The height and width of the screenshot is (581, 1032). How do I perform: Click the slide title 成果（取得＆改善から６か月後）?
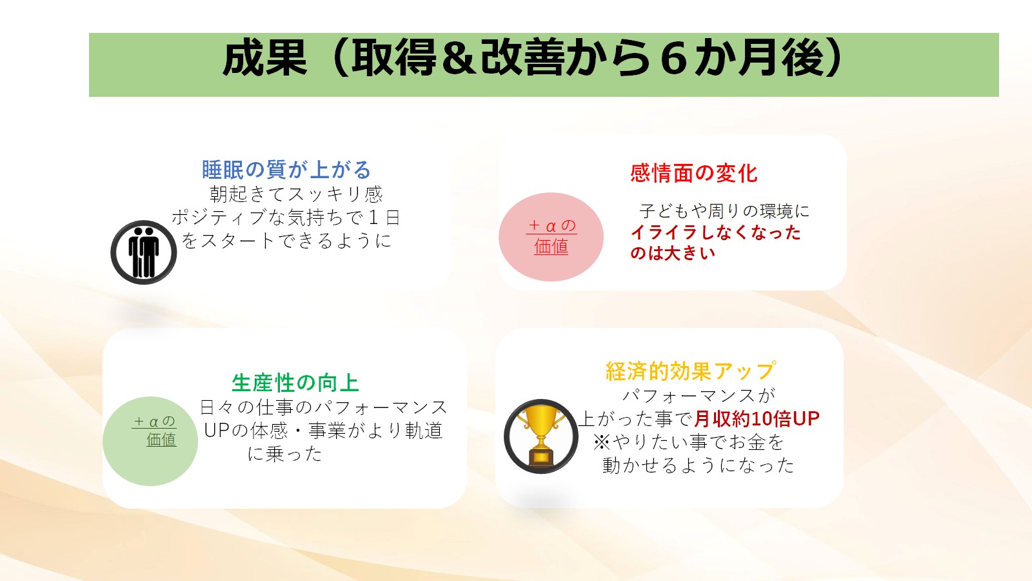pos(533,58)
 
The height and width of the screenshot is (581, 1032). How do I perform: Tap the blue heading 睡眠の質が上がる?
pos(286,170)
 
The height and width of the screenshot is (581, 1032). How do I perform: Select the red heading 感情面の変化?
pos(693,174)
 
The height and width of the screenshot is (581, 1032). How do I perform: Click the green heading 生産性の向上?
pos(295,383)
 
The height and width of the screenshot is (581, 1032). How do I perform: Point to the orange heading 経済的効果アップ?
pos(690,371)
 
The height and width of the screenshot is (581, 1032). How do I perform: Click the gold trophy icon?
pos(541,436)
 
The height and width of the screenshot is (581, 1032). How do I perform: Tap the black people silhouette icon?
pos(144,252)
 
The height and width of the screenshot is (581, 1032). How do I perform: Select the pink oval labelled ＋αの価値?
pos(551,236)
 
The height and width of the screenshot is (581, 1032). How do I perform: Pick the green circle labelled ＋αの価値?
pos(150,441)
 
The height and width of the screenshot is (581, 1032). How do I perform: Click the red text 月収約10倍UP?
pos(757,419)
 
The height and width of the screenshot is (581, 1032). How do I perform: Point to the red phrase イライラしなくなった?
pos(715,232)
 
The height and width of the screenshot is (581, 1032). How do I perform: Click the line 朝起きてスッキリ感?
pos(296,194)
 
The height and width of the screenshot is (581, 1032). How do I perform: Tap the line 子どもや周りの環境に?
pos(724,211)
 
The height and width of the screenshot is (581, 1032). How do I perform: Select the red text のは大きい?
pos(673,252)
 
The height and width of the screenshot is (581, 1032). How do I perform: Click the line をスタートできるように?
pos(286,240)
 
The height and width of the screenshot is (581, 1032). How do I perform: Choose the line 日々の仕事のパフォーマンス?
pos(323,407)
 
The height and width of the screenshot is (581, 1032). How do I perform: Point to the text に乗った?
pos(284,454)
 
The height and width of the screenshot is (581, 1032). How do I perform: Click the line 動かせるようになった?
pos(699,465)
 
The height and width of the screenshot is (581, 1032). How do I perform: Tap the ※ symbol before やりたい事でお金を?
pos(601,442)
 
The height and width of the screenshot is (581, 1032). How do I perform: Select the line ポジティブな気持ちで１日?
pos(286,217)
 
